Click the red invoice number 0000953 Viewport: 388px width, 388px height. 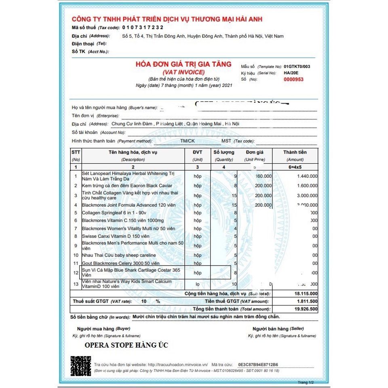pos(293,80)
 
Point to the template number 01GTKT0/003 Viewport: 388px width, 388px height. pos(297,66)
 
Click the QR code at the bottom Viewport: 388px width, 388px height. pos(81,366)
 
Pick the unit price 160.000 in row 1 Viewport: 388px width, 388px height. pos(263,176)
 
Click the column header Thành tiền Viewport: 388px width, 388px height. pos(295,152)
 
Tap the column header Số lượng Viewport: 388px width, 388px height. pos(224,152)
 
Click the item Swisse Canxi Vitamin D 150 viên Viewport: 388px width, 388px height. pos(116,236)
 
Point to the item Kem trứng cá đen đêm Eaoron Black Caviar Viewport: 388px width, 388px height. pos(121,186)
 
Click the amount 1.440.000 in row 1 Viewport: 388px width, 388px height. pos(307,176)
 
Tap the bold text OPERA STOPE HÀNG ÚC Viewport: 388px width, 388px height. pos(126,346)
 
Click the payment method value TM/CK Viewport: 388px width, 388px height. pos(188,141)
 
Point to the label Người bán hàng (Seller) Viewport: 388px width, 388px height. pos(278,329)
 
